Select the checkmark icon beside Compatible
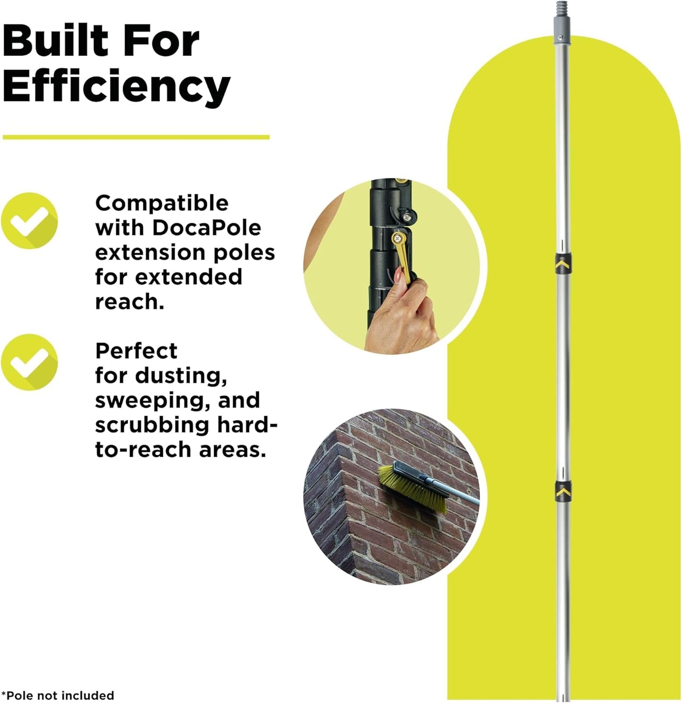coord(29,221)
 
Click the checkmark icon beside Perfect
coord(29,362)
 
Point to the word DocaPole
coord(206,228)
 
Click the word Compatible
coord(162,203)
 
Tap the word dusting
coord(178,376)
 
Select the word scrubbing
coord(152,425)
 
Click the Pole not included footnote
coord(58,695)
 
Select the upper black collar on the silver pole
coord(562,263)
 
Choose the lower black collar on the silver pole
coord(563,491)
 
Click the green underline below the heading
coord(136,137)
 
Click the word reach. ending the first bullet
coord(129,302)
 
